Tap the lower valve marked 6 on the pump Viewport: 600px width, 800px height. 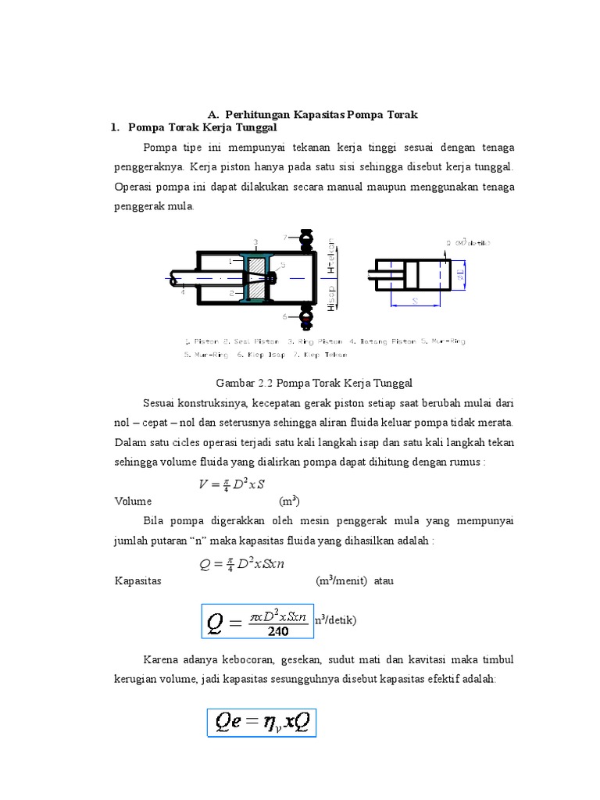coord(304,318)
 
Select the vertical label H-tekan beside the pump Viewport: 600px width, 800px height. coord(331,252)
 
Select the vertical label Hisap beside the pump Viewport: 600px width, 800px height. coord(331,298)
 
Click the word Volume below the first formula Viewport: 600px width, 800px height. coord(133,502)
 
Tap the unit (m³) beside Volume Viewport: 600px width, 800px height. coord(291,502)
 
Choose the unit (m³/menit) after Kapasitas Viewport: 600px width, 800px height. coord(342,580)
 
